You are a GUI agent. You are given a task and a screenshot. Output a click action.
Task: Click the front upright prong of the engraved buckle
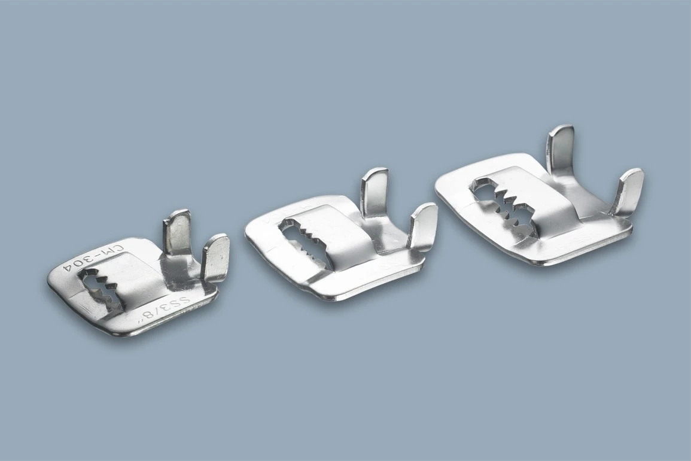[x=215, y=256]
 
